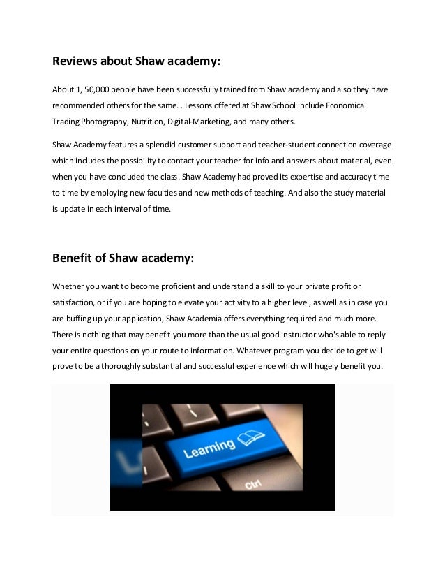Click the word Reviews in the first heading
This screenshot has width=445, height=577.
[75, 61]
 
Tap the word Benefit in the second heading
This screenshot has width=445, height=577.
[73, 258]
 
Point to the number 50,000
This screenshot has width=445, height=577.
[98, 91]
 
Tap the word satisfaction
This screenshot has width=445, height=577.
[75, 302]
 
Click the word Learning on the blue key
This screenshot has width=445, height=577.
[209, 448]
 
